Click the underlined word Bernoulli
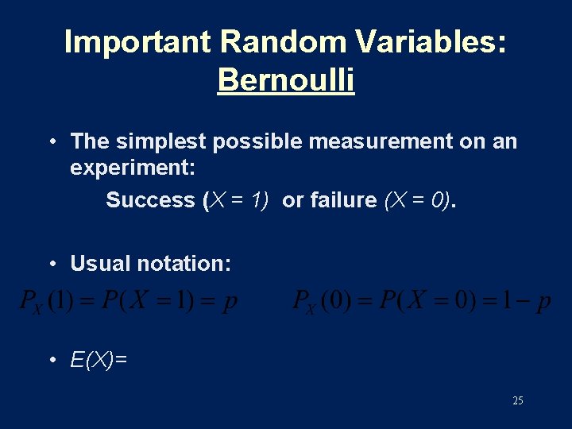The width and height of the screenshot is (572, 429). [x=286, y=80]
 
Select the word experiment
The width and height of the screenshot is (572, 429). [x=127, y=169]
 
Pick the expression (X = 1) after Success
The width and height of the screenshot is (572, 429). [x=236, y=200]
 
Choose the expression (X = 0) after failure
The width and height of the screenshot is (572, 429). [x=418, y=200]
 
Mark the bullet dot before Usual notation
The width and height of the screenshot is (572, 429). [x=52, y=263]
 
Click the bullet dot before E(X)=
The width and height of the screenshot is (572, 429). [x=52, y=361]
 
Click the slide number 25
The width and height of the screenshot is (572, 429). [x=517, y=401]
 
